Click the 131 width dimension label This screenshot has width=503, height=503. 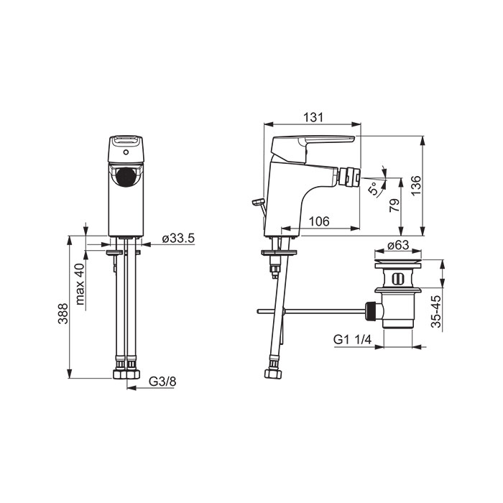(313, 117)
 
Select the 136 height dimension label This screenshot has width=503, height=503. (416, 185)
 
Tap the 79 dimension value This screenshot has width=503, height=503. (394, 205)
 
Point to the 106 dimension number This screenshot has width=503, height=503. (319, 221)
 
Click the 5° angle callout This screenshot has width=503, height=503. (373, 188)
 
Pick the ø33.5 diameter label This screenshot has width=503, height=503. (178, 238)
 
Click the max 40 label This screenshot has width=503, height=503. (80, 284)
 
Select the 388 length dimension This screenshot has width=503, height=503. (63, 313)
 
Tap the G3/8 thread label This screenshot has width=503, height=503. (162, 382)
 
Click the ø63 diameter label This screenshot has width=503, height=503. (398, 245)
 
